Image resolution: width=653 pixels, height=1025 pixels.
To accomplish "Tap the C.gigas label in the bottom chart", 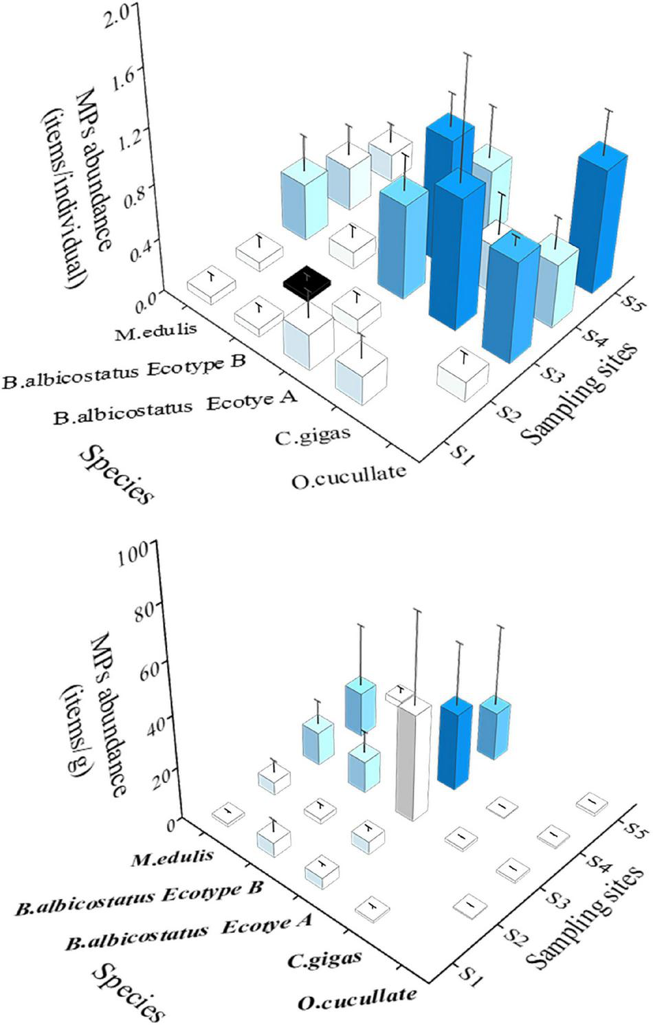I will pos(325,958).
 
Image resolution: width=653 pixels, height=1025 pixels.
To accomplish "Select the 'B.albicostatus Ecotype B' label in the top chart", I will pos(124,373).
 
